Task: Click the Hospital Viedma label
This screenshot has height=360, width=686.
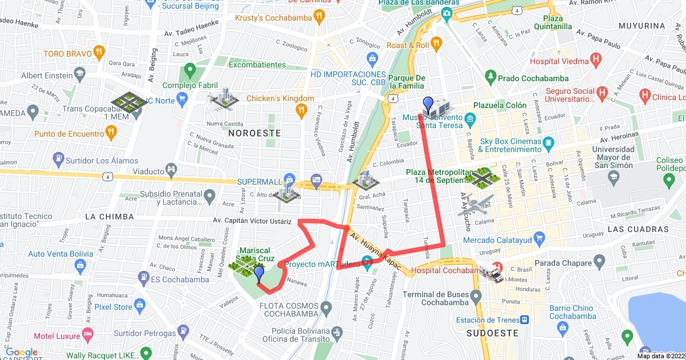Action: [559, 61]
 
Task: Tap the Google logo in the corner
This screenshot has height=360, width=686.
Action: [22, 353]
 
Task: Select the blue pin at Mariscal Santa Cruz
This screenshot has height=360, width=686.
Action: [259, 274]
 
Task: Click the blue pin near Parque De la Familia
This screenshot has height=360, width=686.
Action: [428, 105]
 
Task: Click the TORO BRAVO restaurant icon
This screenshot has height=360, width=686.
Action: [99, 54]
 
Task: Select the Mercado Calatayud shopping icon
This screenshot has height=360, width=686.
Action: [539, 237]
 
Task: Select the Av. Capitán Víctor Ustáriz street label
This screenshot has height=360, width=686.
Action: [252, 221]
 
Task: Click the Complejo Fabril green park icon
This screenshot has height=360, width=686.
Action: [188, 72]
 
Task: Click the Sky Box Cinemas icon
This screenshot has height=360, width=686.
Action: [548, 141]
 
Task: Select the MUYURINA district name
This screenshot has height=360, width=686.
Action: [643, 26]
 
